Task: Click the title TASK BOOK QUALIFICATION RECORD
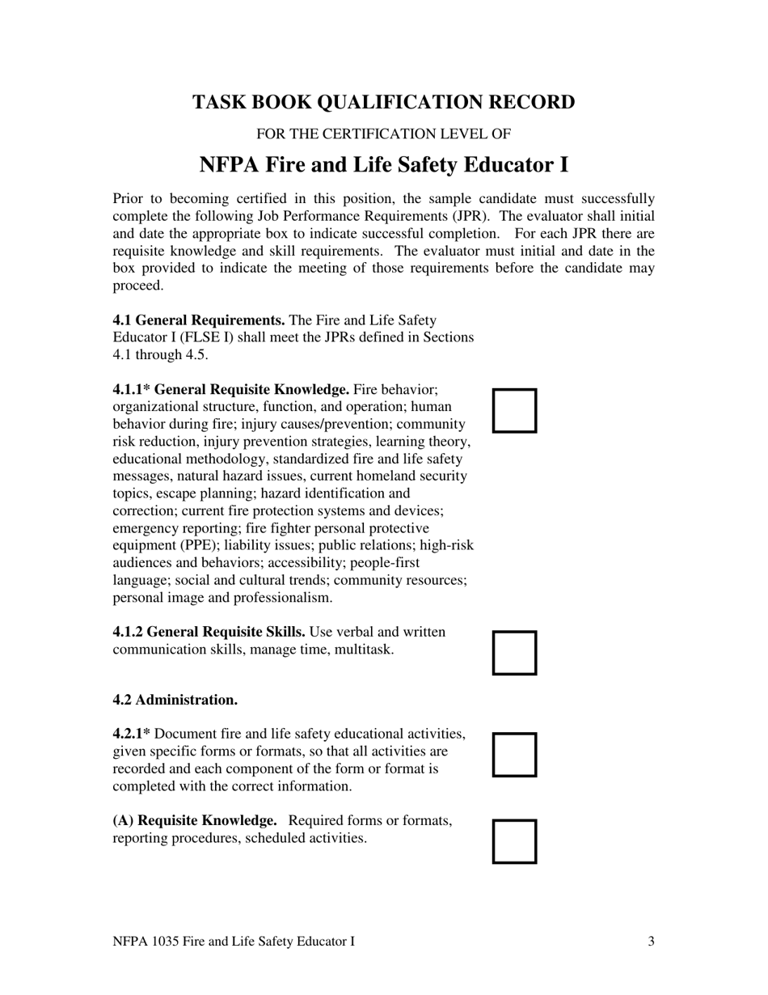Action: tap(383, 103)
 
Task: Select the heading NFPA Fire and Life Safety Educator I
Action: tap(383, 165)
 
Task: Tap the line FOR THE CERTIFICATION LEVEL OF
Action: tap(383, 134)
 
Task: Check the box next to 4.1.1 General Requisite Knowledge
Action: tap(515, 410)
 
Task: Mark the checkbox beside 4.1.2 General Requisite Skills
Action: tap(515, 653)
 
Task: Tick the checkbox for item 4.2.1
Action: tap(515, 755)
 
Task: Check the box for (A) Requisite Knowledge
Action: tap(515, 841)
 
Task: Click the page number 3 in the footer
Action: tap(651, 941)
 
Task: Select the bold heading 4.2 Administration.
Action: tap(175, 699)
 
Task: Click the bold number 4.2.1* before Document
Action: tap(131, 734)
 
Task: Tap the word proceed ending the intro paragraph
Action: tap(137, 286)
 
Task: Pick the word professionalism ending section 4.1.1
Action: tap(282, 598)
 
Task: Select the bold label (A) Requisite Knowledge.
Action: tap(195, 821)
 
